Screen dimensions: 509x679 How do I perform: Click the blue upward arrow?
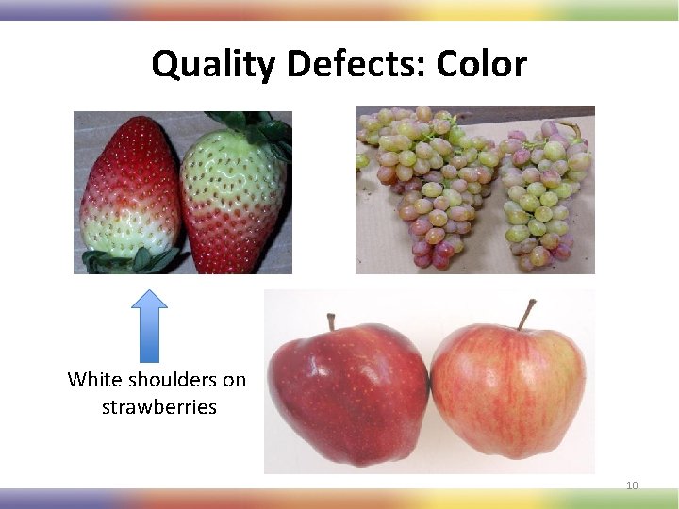tap(149, 325)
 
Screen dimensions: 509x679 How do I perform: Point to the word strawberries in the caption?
tap(158, 407)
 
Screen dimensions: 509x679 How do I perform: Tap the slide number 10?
tap(632, 485)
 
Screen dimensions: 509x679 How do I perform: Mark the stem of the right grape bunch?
tap(571, 128)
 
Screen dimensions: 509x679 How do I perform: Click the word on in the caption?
tap(233, 380)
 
